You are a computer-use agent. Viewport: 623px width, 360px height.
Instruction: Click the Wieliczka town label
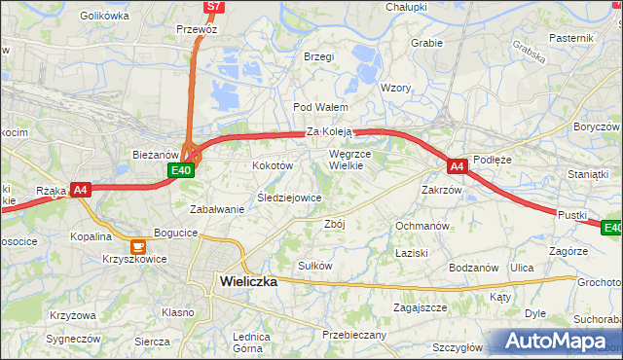243,281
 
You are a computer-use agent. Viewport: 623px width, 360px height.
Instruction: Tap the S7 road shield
214,7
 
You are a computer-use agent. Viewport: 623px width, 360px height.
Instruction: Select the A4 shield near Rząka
81,191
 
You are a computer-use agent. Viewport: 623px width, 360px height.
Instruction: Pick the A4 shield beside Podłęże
458,166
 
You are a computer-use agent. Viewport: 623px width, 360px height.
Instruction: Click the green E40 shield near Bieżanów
180,170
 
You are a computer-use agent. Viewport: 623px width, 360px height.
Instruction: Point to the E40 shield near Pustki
611,229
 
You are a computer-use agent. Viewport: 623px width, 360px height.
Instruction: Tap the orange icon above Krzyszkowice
137,245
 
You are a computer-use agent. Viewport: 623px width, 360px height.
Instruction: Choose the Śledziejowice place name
289,198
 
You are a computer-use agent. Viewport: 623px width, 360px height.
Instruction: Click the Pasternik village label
571,37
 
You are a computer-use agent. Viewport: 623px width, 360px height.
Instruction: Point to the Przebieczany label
354,334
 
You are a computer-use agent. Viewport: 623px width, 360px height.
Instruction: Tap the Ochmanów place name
421,226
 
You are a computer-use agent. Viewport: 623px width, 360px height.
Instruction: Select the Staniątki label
587,173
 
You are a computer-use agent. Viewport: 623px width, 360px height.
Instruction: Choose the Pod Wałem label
314,107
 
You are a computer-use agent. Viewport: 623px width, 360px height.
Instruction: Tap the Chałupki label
406,7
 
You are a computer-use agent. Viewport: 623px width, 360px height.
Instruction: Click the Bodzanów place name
474,268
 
